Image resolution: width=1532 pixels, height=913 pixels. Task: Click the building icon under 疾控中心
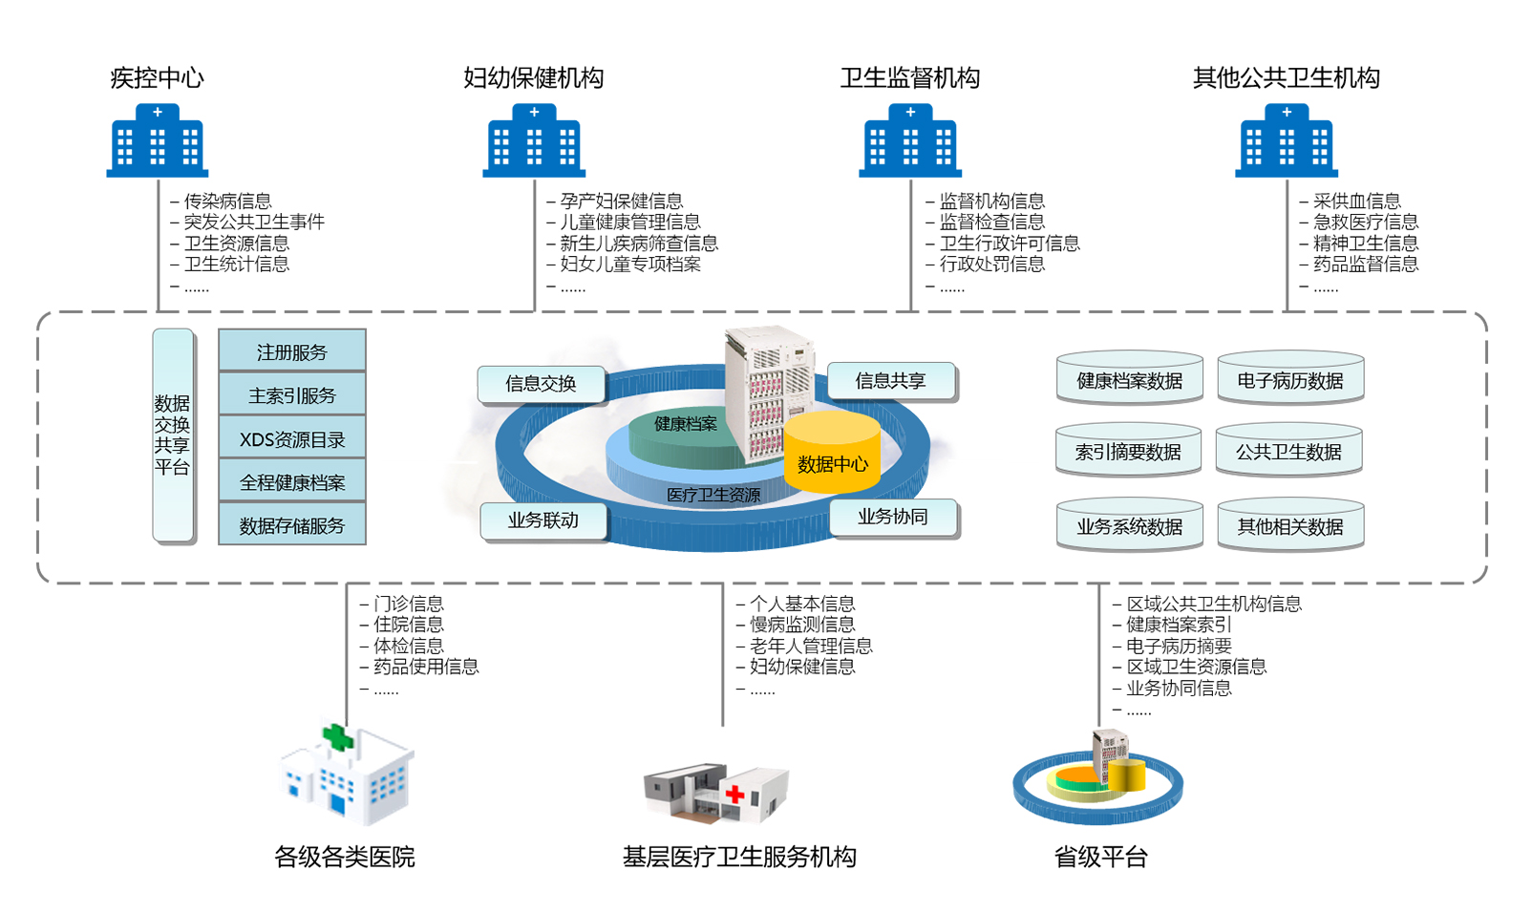158,141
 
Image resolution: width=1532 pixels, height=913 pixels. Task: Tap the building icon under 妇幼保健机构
534,141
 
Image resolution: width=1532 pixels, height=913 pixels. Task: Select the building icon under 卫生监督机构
910,141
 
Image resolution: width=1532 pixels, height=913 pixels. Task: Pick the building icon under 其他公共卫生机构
1287,141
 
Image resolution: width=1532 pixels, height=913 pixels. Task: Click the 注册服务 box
292,351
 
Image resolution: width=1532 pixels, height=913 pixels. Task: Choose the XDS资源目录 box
292,438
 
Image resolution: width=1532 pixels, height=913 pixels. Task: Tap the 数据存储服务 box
292,525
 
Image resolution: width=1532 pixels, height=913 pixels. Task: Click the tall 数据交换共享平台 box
173,435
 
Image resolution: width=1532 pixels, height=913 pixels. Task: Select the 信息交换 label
541,384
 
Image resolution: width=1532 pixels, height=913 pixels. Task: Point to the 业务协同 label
893,517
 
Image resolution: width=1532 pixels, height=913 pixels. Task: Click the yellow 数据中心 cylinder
832,456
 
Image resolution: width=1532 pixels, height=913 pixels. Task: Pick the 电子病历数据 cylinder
1289,380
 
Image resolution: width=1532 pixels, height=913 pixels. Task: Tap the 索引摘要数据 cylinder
1128,451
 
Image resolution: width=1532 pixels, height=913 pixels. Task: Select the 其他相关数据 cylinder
1289,525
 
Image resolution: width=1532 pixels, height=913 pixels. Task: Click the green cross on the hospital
337,737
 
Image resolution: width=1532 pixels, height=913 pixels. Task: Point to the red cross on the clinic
734,794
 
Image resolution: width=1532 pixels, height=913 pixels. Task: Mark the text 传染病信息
227,201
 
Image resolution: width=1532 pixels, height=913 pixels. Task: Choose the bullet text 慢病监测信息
802,625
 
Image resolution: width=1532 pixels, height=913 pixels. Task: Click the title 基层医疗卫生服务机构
739,857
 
